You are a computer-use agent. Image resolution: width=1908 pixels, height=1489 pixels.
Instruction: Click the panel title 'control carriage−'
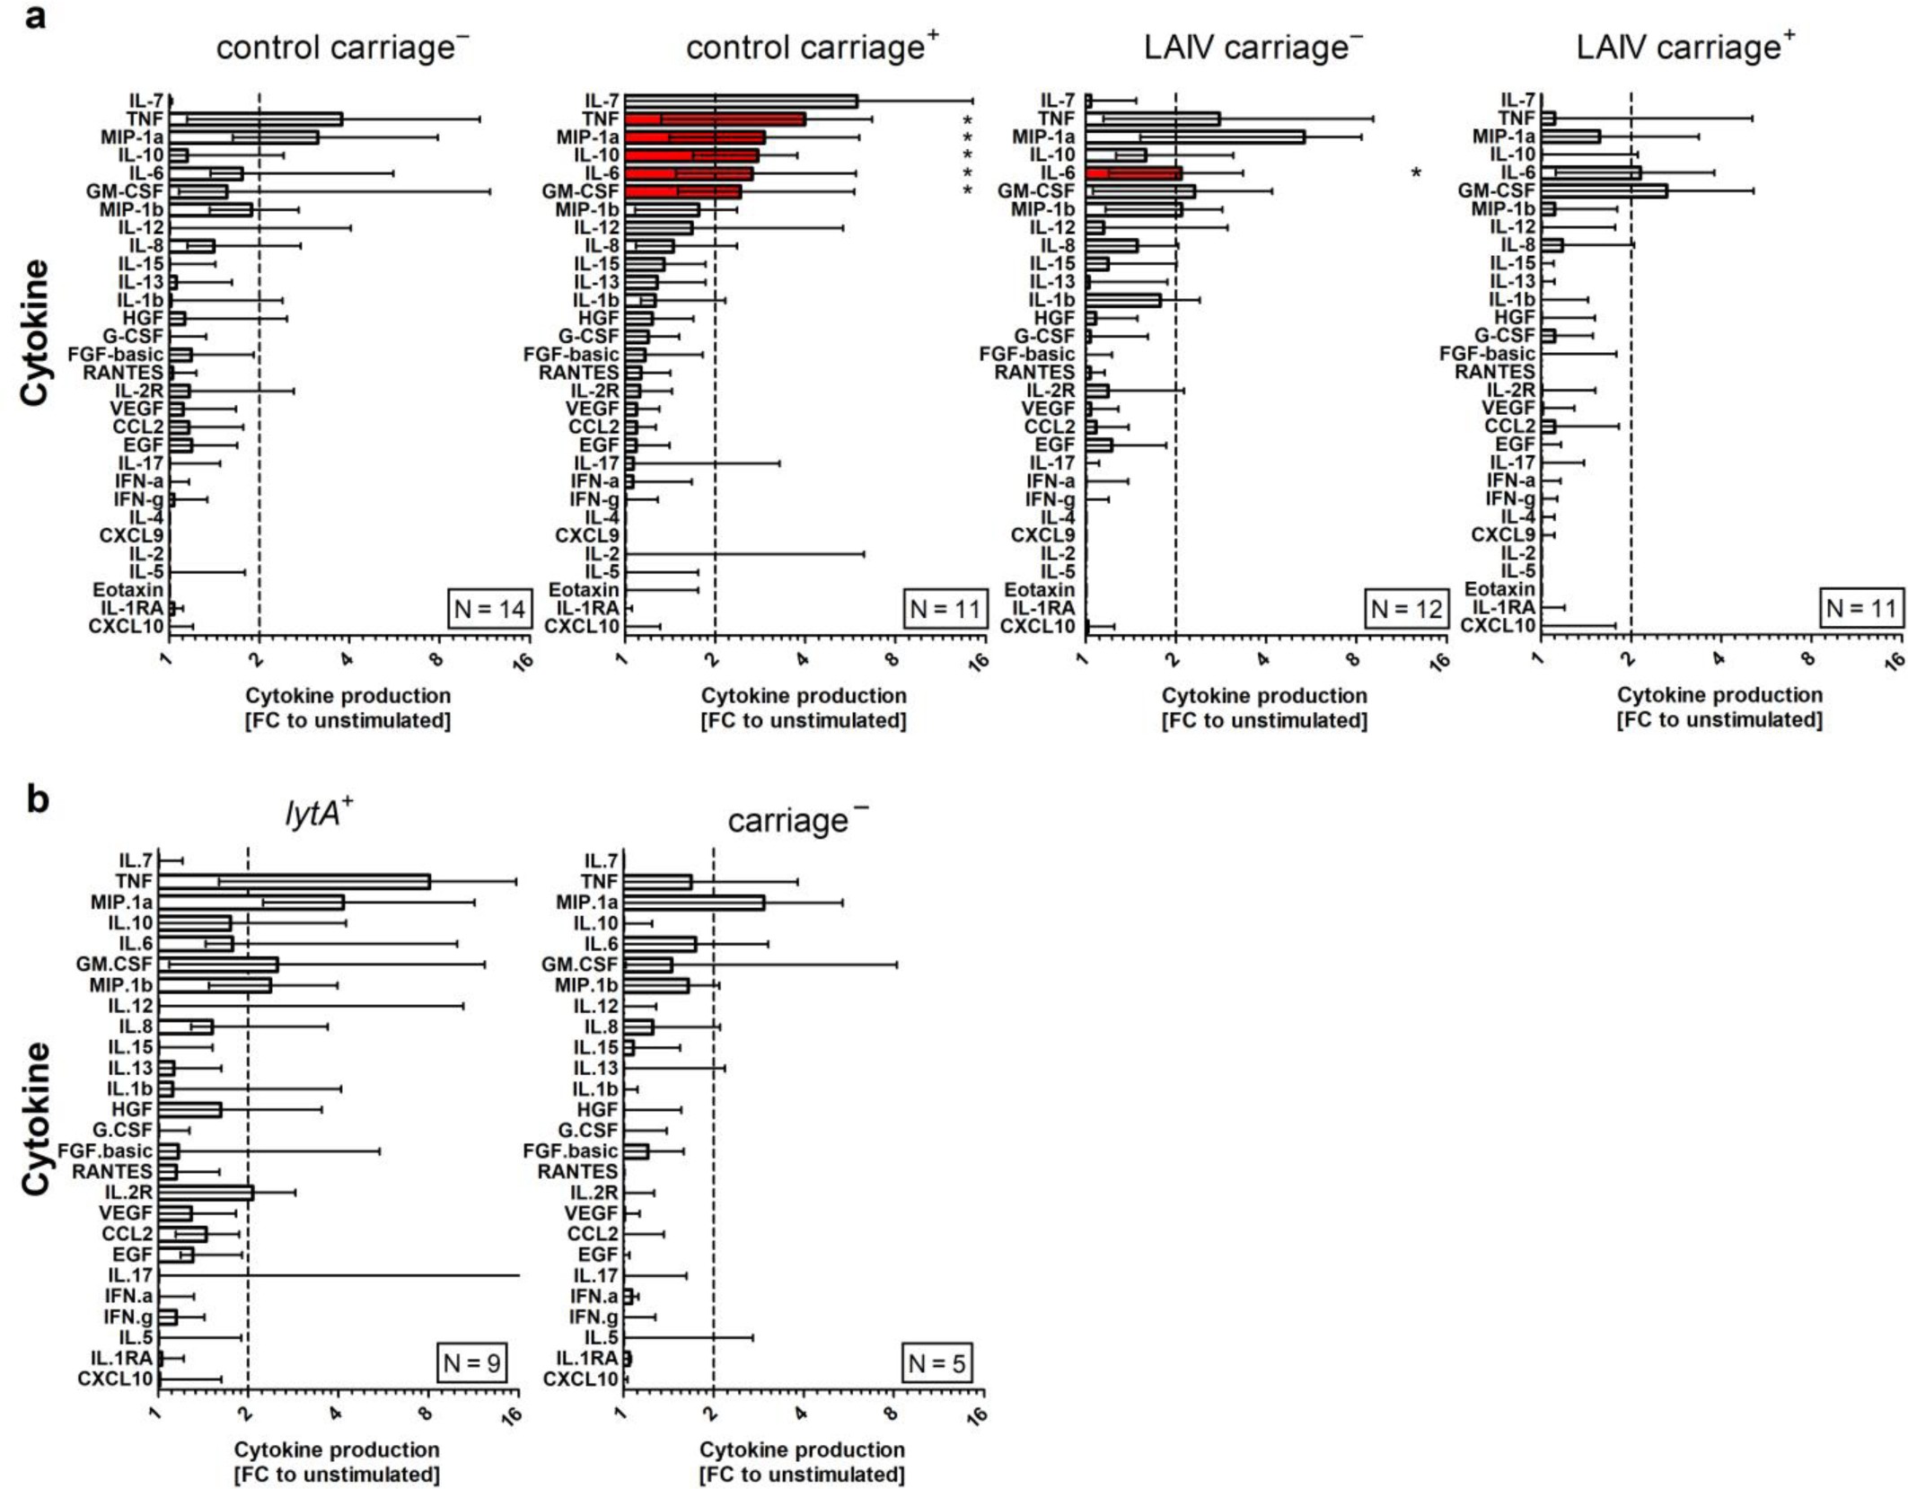[x=342, y=48]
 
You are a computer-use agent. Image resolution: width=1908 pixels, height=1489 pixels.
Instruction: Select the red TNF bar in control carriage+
[x=715, y=119]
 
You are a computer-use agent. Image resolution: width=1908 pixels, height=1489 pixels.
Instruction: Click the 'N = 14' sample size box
[x=488, y=609]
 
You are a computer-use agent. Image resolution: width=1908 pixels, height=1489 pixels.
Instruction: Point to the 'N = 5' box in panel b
[x=936, y=1363]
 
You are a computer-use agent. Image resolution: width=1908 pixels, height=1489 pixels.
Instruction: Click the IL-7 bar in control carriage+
[x=741, y=101]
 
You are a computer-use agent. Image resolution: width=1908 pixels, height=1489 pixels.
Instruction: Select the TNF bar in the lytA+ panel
[x=294, y=882]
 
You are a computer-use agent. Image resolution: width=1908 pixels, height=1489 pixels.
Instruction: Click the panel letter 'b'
[x=37, y=798]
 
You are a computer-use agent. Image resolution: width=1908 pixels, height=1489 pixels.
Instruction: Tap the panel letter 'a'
[x=35, y=15]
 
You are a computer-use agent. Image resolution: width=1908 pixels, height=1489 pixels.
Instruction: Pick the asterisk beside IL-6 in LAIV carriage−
[x=1416, y=173]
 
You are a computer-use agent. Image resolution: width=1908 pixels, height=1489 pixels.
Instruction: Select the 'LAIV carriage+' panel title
[x=1685, y=48]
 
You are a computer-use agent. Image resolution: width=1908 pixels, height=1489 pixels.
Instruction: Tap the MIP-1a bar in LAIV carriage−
[x=1194, y=137]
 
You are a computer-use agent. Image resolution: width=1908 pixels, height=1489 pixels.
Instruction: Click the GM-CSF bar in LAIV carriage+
[x=1604, y=191]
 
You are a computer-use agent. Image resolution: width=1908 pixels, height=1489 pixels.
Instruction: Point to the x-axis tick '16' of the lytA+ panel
[x=513, y=1415]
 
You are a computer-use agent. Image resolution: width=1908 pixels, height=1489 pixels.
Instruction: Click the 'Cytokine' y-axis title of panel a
[x=35, y=332]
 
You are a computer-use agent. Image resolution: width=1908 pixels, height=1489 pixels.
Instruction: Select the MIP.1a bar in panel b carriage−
[x=693, y=903]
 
